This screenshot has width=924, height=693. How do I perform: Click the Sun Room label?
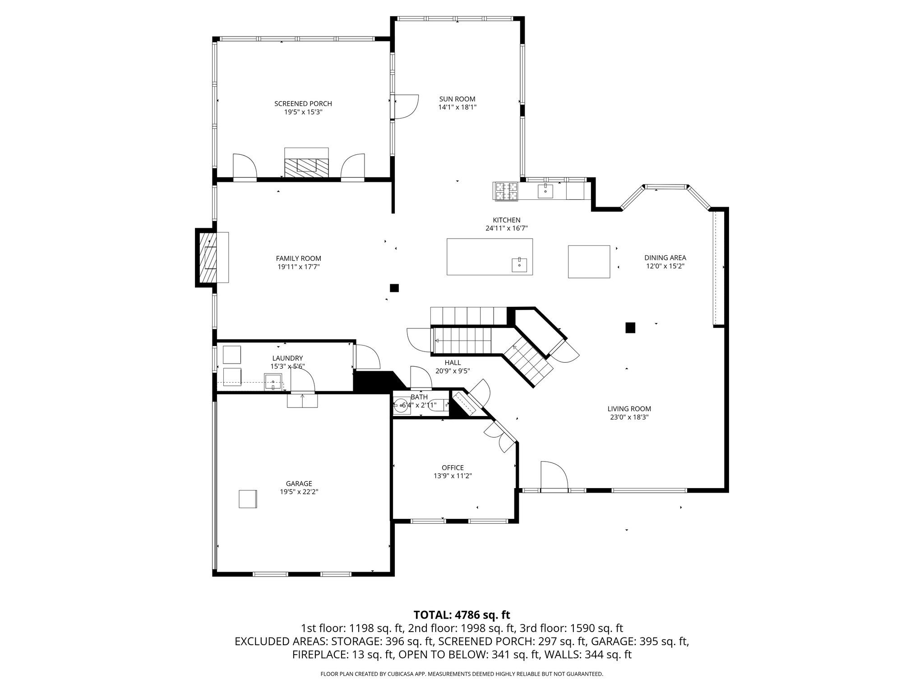coord(457,99)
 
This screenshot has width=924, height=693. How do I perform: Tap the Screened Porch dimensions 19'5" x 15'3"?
coord(303,112)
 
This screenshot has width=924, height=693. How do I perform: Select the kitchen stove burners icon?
coord(506,191)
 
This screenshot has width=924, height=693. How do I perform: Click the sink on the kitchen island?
coord(519,265)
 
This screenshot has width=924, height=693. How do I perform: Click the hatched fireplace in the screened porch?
coord(306,167)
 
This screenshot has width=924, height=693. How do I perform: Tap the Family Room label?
coord(298,259)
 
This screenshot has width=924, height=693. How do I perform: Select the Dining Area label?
coord(665,258)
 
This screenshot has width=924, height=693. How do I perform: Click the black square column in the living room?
coord(630,328)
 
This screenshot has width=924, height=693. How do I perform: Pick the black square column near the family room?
coord(394,288)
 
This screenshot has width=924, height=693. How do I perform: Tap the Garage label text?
coord(299,484)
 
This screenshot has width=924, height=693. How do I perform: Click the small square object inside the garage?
coord(248,499)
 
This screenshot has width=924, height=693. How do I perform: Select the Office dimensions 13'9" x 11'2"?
coord(452,476)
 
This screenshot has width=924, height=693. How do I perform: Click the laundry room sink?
coord(273,382)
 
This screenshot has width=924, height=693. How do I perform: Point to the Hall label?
coord(453,363)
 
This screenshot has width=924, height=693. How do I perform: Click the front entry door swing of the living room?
coord(554,475)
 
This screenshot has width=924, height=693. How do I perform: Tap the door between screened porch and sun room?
coord(405,107)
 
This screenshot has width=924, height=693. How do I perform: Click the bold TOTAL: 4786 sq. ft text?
coord(462,615)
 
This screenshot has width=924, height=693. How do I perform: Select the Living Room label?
coord(629,409)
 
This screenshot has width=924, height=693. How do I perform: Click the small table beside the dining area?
coord(589,262)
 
